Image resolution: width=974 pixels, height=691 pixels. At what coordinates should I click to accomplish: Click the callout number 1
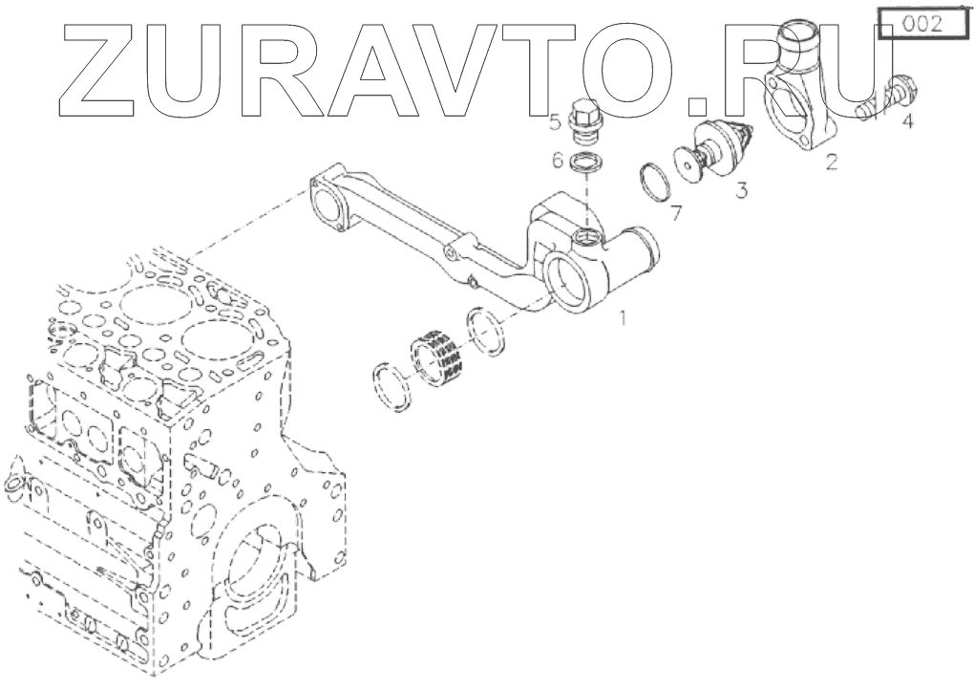pyautogui.click(x=625, y=316)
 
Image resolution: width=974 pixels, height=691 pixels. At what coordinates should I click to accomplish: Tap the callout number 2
pyautogui.click(x=832, y=161)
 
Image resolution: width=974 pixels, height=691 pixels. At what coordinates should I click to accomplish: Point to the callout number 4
pyautogui.click(x=906, y=121)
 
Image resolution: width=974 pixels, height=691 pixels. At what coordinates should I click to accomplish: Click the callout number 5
pyautogui.click(x=554, y=121)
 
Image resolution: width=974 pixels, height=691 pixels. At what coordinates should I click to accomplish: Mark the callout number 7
pyautogui.click(x=676, y=212)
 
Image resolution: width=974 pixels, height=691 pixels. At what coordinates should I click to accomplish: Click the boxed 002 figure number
pyautogui.click(x=921, y=23)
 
